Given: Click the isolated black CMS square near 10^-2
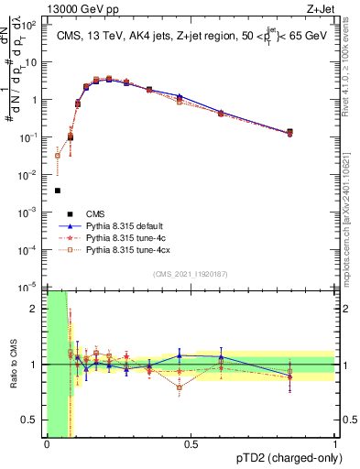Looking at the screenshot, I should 58,191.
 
